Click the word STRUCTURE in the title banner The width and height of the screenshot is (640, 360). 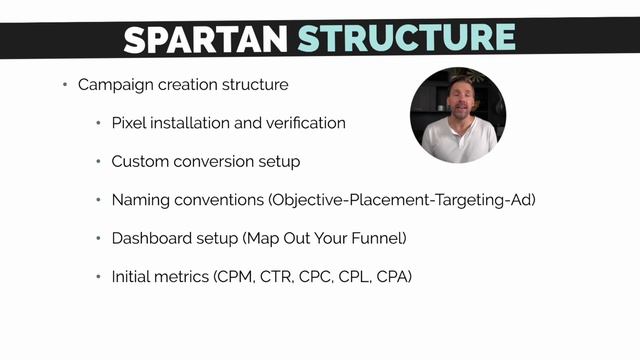(406, 38)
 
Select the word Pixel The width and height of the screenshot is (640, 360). (128, 123)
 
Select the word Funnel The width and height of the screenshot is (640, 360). (379, 237)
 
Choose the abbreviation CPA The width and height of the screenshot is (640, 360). (395, 275)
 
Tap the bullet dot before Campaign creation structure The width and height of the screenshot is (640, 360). (65, 85)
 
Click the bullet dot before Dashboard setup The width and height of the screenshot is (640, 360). (99, 238)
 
